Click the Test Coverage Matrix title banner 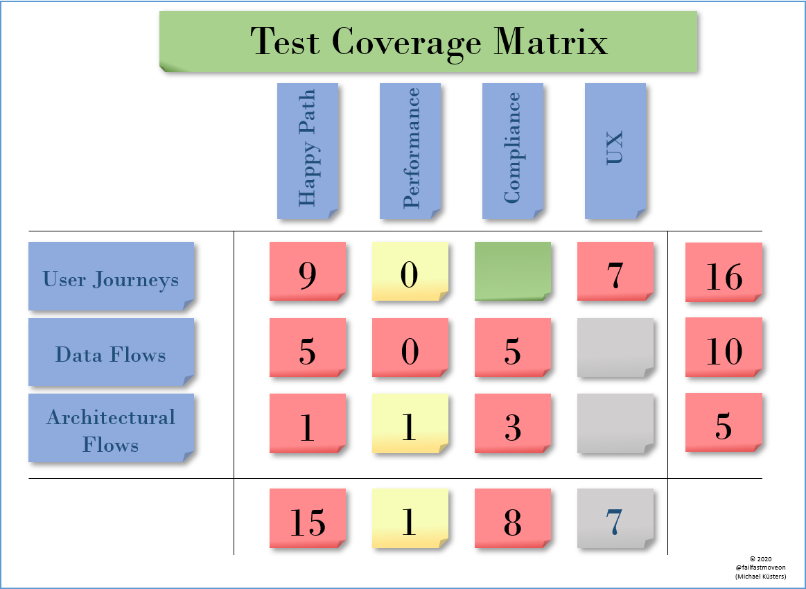click(x=428, y=41)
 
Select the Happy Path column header click(x=308, y=150)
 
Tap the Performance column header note click(x=410, y=150)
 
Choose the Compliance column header click(x=513, y=150)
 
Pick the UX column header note click(x=615, y=150)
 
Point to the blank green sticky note click(x=513, y=271)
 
